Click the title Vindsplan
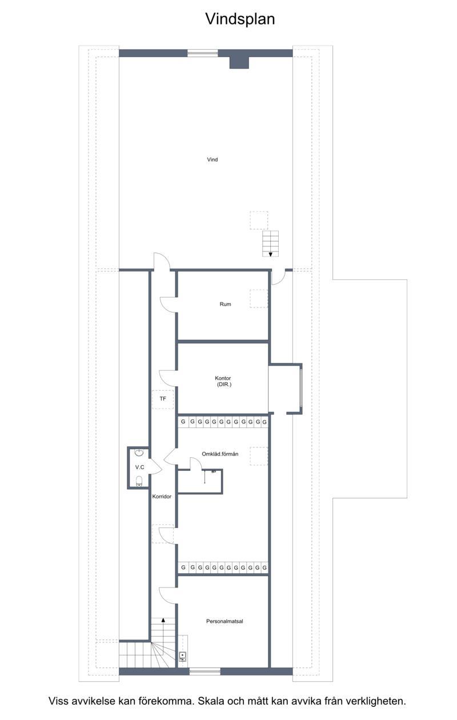(240, 19)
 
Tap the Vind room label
(213, 159)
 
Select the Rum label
(225, 304)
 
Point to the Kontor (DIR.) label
(223, 381)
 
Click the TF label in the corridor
(163, 399)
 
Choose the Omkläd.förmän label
(220, 454)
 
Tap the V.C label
(139, 467)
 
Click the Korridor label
(162, 496)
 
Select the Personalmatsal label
(225, 621)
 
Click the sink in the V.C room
(139, 453)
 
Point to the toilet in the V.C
(139, 481)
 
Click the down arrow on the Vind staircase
(271, 255)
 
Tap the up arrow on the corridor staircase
(163, 620)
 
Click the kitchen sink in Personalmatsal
(183, 657)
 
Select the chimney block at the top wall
(239, 62)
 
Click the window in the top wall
(203, 53)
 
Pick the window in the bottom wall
(205, 671)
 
